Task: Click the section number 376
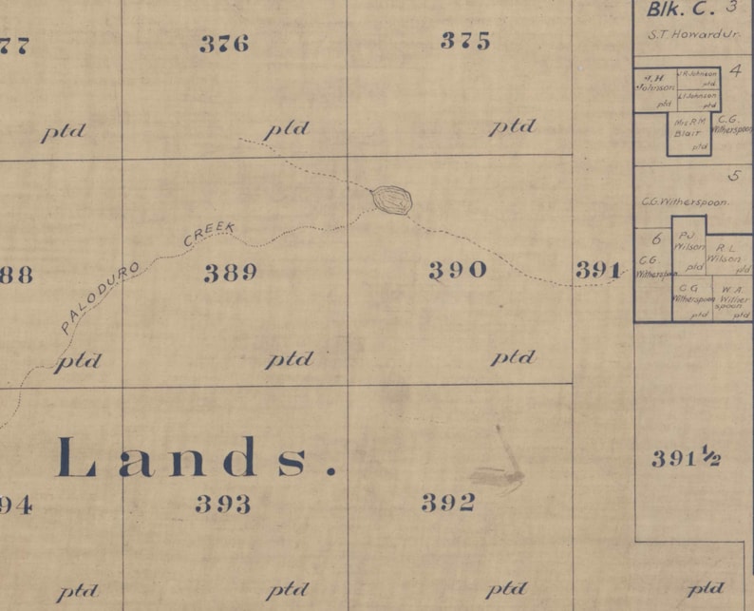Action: point(224,44)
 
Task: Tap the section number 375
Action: point(466,41)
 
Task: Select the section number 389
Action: point(231,274)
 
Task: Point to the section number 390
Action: point(458,271)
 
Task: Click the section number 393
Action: point(224,504)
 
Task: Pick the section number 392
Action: point(448,504)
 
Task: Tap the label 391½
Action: point(686,459)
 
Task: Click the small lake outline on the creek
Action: point(392,200)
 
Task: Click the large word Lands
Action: point(197,458)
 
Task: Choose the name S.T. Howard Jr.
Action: point(680,34)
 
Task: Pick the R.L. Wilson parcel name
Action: point(728,252)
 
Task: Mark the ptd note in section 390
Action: point(513,357)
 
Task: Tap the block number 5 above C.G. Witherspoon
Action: point(733,176)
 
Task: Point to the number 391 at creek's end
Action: point(598,271)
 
